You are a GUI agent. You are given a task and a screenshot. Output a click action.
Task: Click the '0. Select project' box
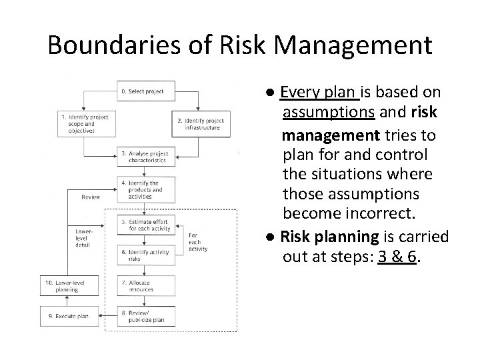tap(146, 91)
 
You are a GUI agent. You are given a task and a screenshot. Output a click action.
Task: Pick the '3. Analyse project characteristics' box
tap(146, 157)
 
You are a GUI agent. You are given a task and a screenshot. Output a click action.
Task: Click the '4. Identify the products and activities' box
tap(146, 189)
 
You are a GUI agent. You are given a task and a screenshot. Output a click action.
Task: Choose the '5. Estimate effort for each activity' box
tap(146, 225)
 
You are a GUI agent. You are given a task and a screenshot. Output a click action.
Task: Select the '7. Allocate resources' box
tap(146, 286)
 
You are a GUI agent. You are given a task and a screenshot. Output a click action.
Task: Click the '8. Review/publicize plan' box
tap(146, 317)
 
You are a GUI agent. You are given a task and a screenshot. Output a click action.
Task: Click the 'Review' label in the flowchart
tap(91, 197)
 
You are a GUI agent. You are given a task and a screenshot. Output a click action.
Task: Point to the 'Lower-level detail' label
tap(85, 238)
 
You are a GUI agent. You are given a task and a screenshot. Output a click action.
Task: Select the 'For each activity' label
tap(198, 241)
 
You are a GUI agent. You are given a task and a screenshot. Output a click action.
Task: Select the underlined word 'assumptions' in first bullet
tap(327, 111)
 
